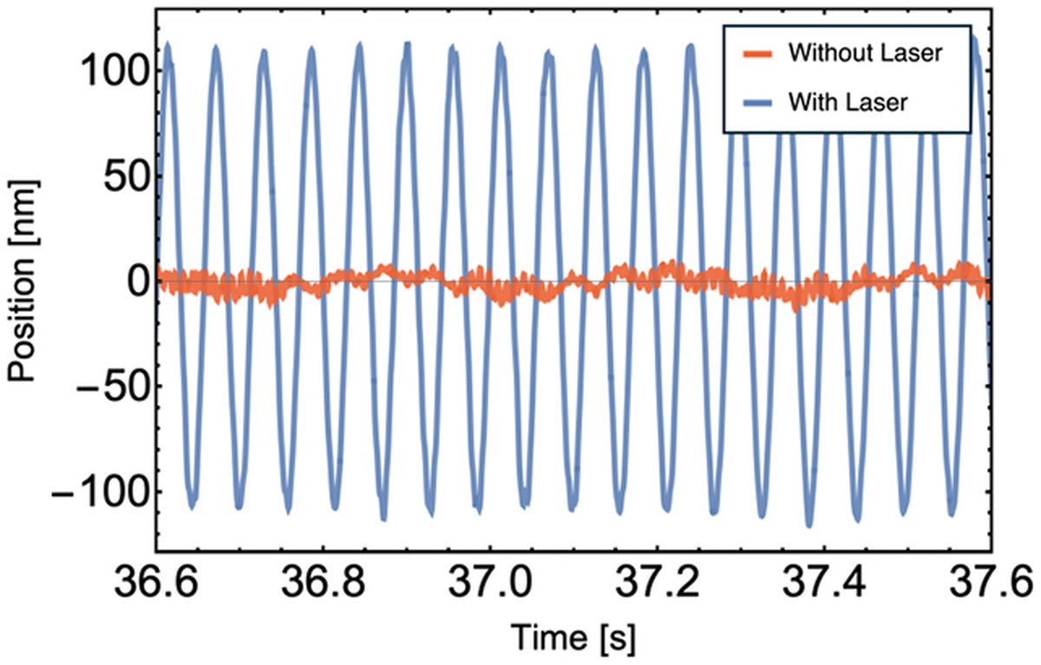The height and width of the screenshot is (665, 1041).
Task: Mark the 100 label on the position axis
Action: coord(114,71)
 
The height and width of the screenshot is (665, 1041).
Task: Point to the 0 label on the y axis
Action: coord(137,282)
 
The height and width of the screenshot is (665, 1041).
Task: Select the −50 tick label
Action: coord(112,386)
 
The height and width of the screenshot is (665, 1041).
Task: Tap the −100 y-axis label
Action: coord(100,492)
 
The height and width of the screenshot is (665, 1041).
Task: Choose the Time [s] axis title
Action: coord(573,638)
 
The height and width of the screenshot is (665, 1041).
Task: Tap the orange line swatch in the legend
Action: coord(757,55)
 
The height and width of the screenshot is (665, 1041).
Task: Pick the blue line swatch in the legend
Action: coord(757,103)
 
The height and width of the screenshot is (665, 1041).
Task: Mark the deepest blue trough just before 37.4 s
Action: coord(809,524)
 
